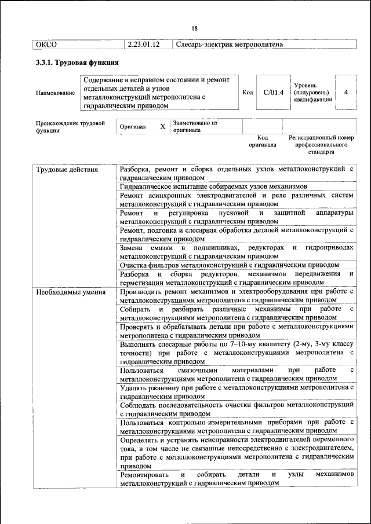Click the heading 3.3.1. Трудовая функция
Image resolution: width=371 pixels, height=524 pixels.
pos(77,63)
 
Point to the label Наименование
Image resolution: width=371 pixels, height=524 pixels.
pos(55,93)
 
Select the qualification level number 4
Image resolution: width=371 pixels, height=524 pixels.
pos(345,92)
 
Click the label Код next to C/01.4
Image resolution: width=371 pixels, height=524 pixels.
pos(248,93)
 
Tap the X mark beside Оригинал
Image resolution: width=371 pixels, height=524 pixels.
pos(163,126)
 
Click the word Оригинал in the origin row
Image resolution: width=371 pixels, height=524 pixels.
pos(133,126)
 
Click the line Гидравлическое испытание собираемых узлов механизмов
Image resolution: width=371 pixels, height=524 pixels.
pos(213,186)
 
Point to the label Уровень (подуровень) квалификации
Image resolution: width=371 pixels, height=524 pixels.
pos(313,92)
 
